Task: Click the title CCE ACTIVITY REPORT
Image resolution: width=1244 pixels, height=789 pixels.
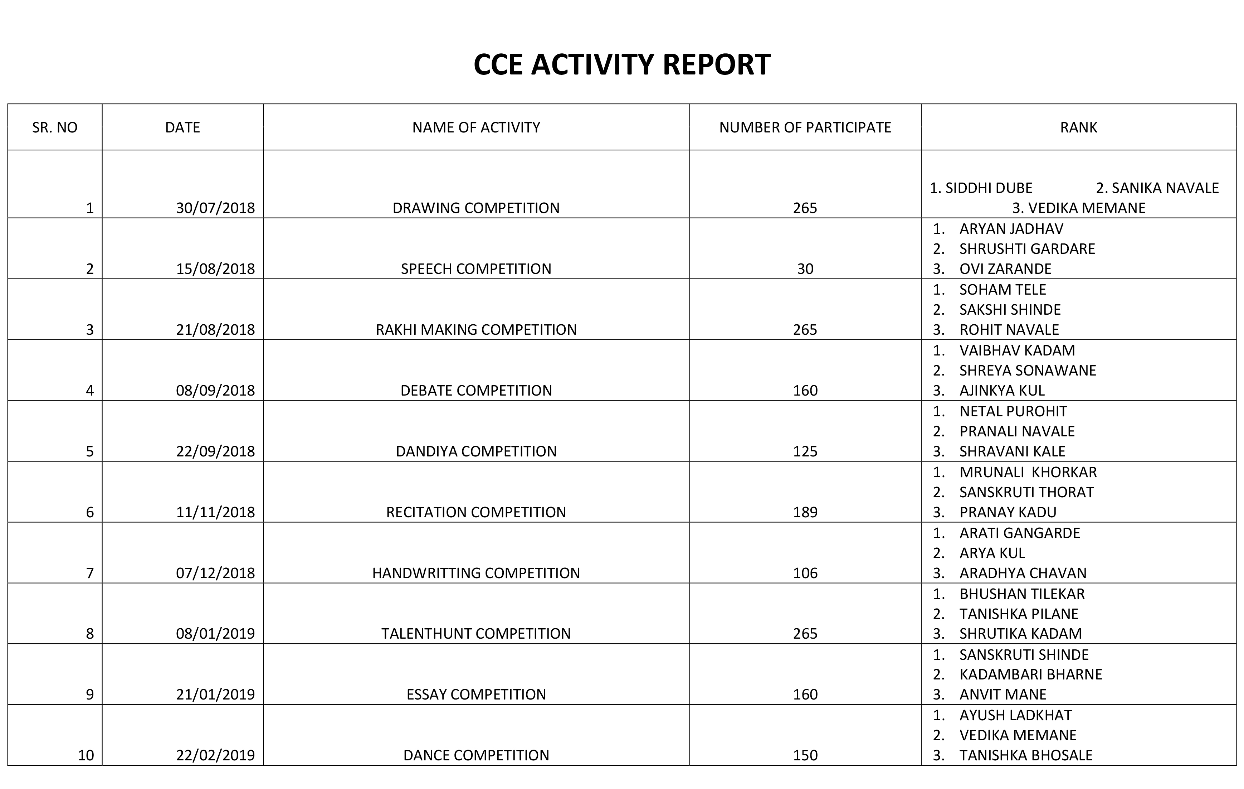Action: (621, 65)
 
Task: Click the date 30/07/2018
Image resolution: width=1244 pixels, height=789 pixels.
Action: (215, 208)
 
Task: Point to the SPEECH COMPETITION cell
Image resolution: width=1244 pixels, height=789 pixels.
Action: (476, 269)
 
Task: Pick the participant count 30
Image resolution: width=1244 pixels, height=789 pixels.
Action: (805, 269)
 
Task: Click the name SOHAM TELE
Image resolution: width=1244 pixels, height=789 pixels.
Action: (1002, 290)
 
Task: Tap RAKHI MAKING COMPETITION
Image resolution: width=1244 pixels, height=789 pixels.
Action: (476, 330)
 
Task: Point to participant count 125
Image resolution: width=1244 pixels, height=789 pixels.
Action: (805, 451)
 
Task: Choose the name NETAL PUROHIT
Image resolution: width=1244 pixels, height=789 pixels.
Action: (1013, 412)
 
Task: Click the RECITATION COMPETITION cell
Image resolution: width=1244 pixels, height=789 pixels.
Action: (476, 512)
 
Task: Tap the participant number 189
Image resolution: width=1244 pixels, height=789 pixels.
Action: (805, 512)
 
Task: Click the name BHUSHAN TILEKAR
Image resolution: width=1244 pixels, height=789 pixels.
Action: (1021, 594)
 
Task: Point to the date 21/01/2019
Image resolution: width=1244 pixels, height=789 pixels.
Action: (215, 694)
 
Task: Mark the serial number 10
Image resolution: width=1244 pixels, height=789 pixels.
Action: (86, 755)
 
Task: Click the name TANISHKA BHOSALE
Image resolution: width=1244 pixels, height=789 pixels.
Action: (1025, 755)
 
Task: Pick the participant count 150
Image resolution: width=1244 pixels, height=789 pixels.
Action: (805, 755)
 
